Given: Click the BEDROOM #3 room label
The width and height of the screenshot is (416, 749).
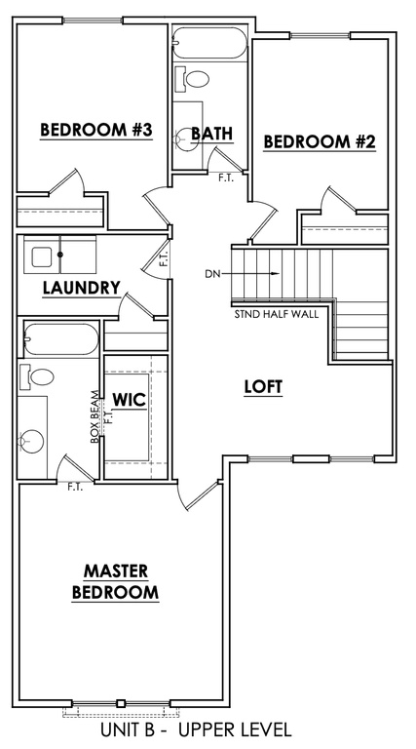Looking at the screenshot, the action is coord(95,130).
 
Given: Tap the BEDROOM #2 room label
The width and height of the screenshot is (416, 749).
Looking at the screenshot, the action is coord(320,141).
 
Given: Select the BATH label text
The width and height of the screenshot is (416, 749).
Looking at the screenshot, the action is coord(212,134).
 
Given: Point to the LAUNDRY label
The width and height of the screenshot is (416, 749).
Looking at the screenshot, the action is coord(81,288).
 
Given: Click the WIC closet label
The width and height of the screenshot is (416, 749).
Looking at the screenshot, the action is coord(129,400).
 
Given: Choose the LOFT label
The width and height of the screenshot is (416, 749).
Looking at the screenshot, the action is coord(263,387).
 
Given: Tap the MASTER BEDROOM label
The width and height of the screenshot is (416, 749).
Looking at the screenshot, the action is coord(115,581).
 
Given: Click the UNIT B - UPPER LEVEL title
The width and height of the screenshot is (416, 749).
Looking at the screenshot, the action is coord(196,729).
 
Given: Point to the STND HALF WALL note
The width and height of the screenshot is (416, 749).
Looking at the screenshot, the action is coord(277,315).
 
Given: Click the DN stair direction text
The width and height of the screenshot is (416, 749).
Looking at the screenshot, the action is coord(212,274).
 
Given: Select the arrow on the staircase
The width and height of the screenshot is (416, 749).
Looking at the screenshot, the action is coord(250,274).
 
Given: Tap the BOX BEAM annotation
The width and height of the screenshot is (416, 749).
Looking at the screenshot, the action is coord(95,417).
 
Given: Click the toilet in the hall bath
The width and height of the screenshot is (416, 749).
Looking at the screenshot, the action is coord(192,79).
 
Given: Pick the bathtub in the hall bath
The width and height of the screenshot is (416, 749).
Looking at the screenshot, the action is coord(208,43).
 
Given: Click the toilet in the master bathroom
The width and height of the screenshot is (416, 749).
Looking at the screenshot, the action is coord(36,376).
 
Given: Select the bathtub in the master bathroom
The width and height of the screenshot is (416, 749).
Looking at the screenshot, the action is coord(61,339).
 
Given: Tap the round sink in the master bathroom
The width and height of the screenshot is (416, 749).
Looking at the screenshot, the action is coord(31,441).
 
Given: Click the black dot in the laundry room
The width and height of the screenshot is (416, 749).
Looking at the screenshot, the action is coord(60,255).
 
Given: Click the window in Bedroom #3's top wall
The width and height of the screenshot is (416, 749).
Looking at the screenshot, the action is coord(93,20).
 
